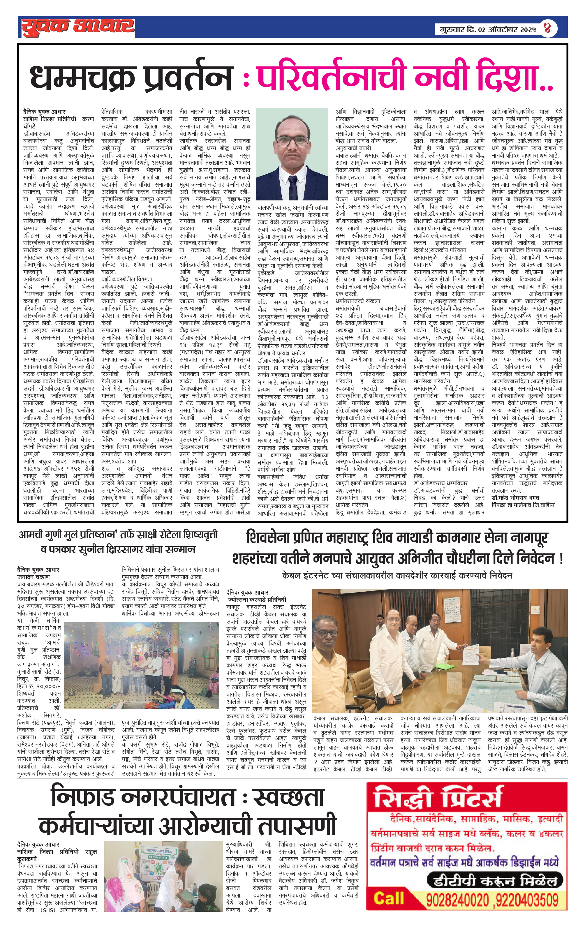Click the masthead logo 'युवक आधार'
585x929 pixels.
[77, 27]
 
